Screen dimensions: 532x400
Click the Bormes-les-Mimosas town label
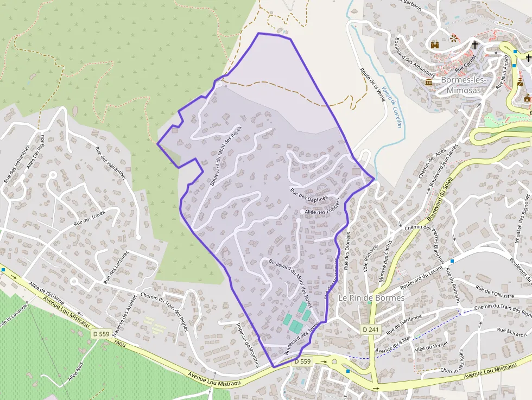(461, 85)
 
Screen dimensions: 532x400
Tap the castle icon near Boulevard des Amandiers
(434, 45)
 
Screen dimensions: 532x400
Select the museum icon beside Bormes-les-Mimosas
(429, 82)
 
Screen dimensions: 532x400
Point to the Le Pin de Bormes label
(371, 298)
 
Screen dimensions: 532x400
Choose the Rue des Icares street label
(89, 218)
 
